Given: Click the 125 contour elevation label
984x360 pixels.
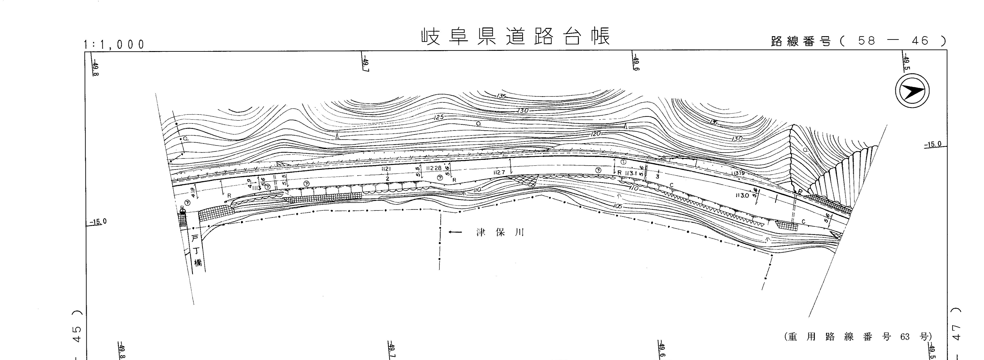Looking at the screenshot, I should click(439, 117).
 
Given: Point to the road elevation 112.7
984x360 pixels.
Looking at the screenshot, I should click(499, 173).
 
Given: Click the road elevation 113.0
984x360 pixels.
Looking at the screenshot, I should click(742, 196).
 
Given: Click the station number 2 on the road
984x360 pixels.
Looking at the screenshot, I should click(387, 178).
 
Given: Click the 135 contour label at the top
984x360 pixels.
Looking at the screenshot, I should click(501, 96).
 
